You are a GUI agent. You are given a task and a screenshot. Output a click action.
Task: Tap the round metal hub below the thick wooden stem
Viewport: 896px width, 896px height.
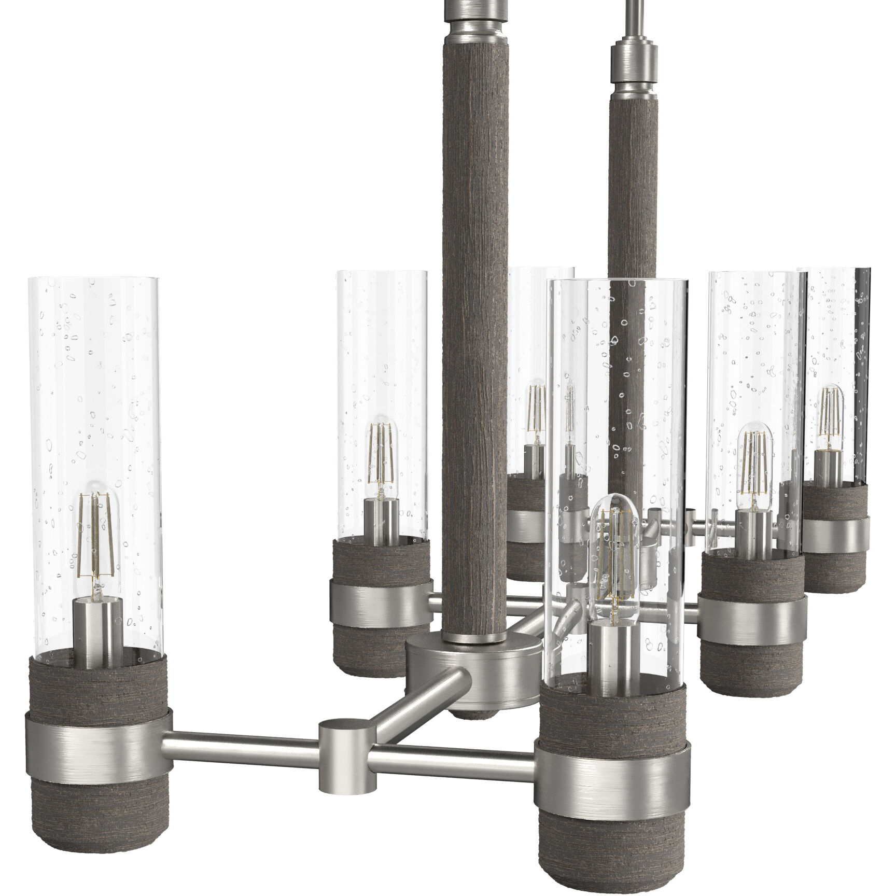(x=472, y=671)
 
